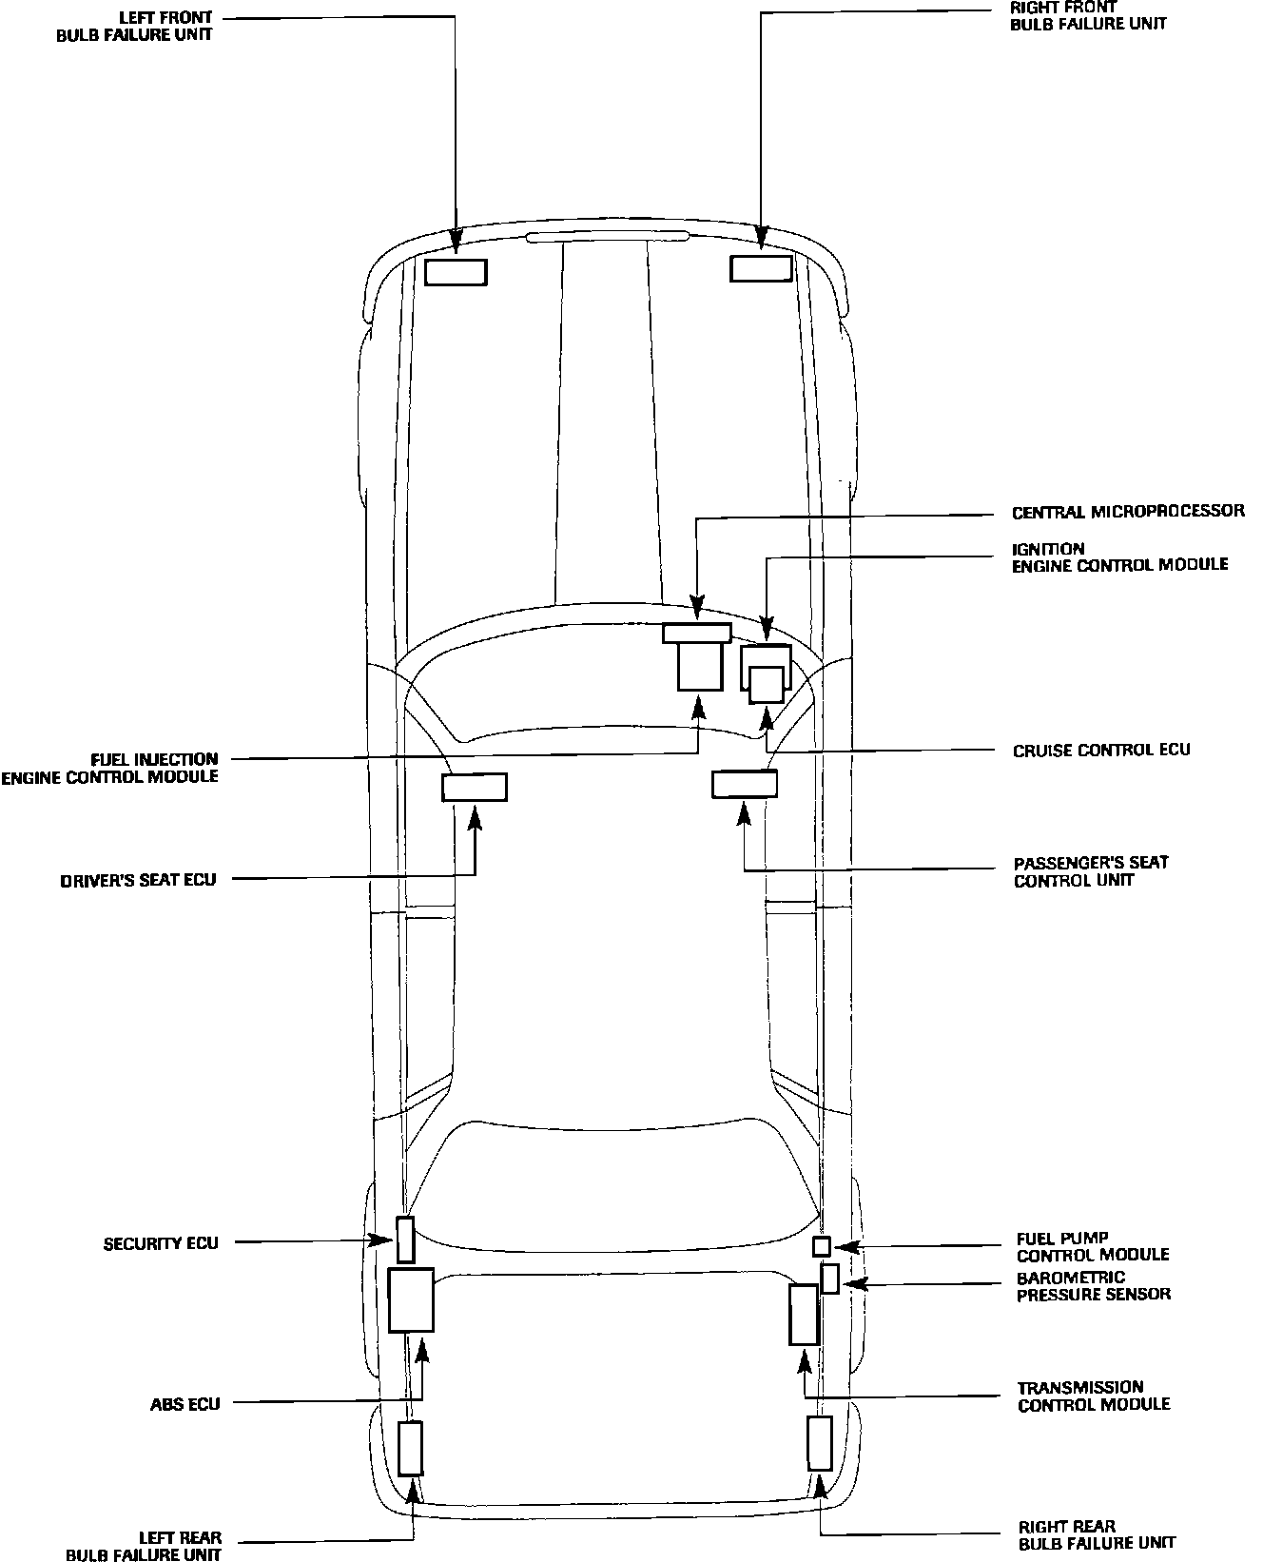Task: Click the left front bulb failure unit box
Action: coord(456,272)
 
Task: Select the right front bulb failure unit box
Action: coord(761,269)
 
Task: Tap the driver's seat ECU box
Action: coord(475,788)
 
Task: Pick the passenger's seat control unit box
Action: coord(745,784)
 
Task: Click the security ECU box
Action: coord(405,1240)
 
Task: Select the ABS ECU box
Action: coord(411,1299)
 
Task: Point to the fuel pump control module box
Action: coord(822,1246)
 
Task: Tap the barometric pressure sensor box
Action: coord(830,1279)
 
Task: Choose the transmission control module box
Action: coord(804,1314)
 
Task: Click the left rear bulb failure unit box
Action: coord(410,1448)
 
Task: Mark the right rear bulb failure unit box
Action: coord(819,1442)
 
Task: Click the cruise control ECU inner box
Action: coord(767,684)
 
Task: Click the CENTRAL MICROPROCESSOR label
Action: coord(1128,512)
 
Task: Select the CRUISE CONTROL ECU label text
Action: coord(1101,750)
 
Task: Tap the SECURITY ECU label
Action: coord(161,1243)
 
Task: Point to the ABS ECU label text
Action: coord(185,1404)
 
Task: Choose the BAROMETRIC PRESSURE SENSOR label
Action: coord(1094,1286)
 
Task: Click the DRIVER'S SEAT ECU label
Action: coord(139,880)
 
